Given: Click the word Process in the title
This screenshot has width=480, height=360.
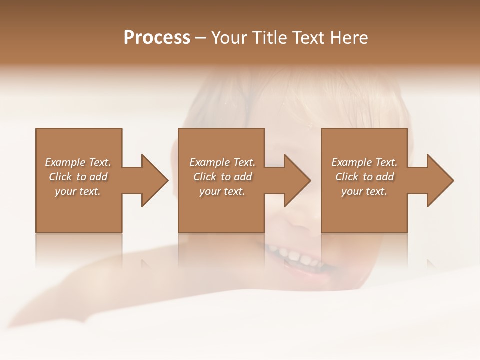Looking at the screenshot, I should point(157,38).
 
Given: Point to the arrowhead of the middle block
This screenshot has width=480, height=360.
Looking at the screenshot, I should point(297,180).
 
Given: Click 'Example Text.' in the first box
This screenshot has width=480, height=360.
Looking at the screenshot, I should point(78,162).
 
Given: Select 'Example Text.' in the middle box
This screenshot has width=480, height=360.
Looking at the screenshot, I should point(222,162).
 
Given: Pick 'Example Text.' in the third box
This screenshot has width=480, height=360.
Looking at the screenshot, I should point(364,162).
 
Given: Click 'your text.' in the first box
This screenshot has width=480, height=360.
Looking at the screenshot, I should point(78,191).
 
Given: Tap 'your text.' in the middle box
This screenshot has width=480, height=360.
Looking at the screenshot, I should point(222,191).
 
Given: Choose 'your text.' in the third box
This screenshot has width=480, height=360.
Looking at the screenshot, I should point(364,191).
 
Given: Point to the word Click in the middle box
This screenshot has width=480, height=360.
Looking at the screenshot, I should point(205,177).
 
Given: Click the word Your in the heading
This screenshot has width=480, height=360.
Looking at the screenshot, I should point(229,38).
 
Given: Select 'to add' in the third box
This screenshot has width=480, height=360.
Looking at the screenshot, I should point(379,177).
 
